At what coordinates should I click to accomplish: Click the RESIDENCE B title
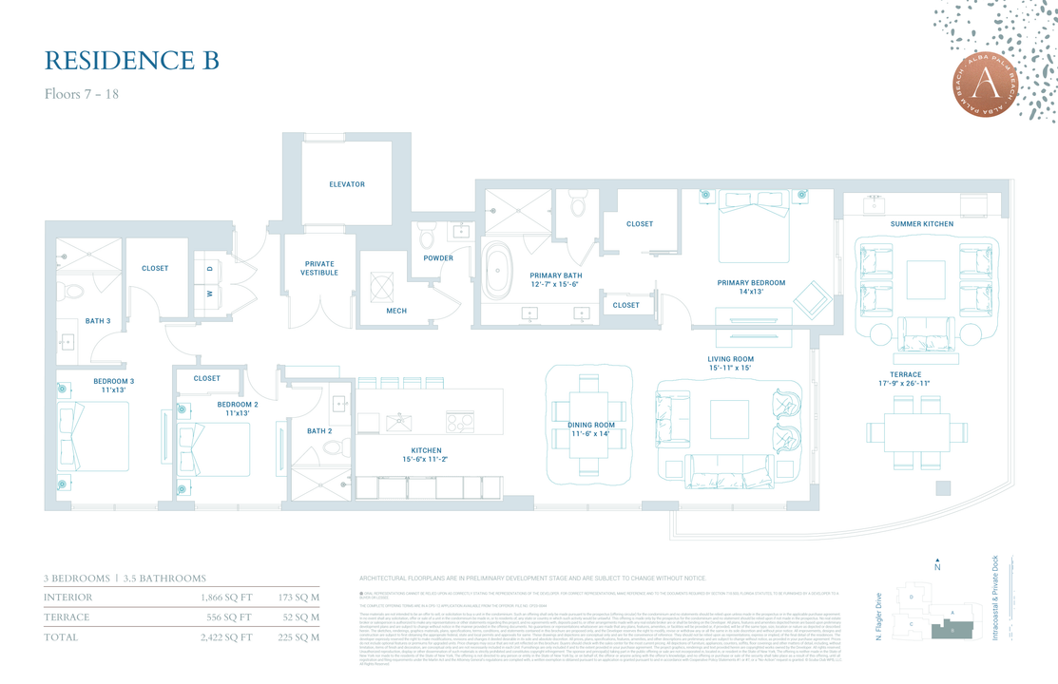(x=132, y=61)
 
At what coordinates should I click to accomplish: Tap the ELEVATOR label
(x=347, y=184)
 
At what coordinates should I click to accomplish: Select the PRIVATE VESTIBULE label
(x=319, y=269)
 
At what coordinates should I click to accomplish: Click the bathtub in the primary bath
(x=496, y=271)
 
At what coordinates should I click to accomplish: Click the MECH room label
(x=396, y=311)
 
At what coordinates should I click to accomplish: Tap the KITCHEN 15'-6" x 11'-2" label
(x=426, y=455)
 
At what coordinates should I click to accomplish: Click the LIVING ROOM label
(x=730, y=359)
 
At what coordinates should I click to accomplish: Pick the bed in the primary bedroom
(x=753, y=228)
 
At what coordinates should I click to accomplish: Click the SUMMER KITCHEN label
(x=921, y=224)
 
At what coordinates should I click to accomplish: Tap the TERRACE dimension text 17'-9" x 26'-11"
(x=905, y=384)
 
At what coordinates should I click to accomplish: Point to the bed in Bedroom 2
(x=217, y=449)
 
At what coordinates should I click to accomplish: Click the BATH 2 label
(x=319, y=431)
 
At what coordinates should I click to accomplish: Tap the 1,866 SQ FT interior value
(x=226, y=598)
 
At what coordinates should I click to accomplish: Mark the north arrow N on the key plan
(x=937, y=565)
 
